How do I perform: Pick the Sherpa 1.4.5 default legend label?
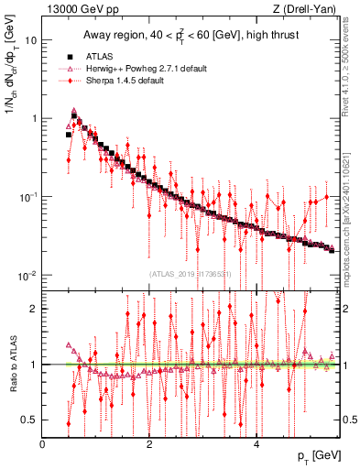click(x=121, y=81)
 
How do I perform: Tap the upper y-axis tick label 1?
click(x=34, y=119)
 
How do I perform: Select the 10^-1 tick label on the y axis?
click(x=29, y=196)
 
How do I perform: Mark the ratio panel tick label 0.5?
click(x=31, y=420)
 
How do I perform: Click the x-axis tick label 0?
click(x=42, y=444)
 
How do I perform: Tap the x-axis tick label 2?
click(x=149, y=444)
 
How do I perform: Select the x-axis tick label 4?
click(x=256, y=444)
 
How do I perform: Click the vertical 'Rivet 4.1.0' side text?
click(x=351, y=73)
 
